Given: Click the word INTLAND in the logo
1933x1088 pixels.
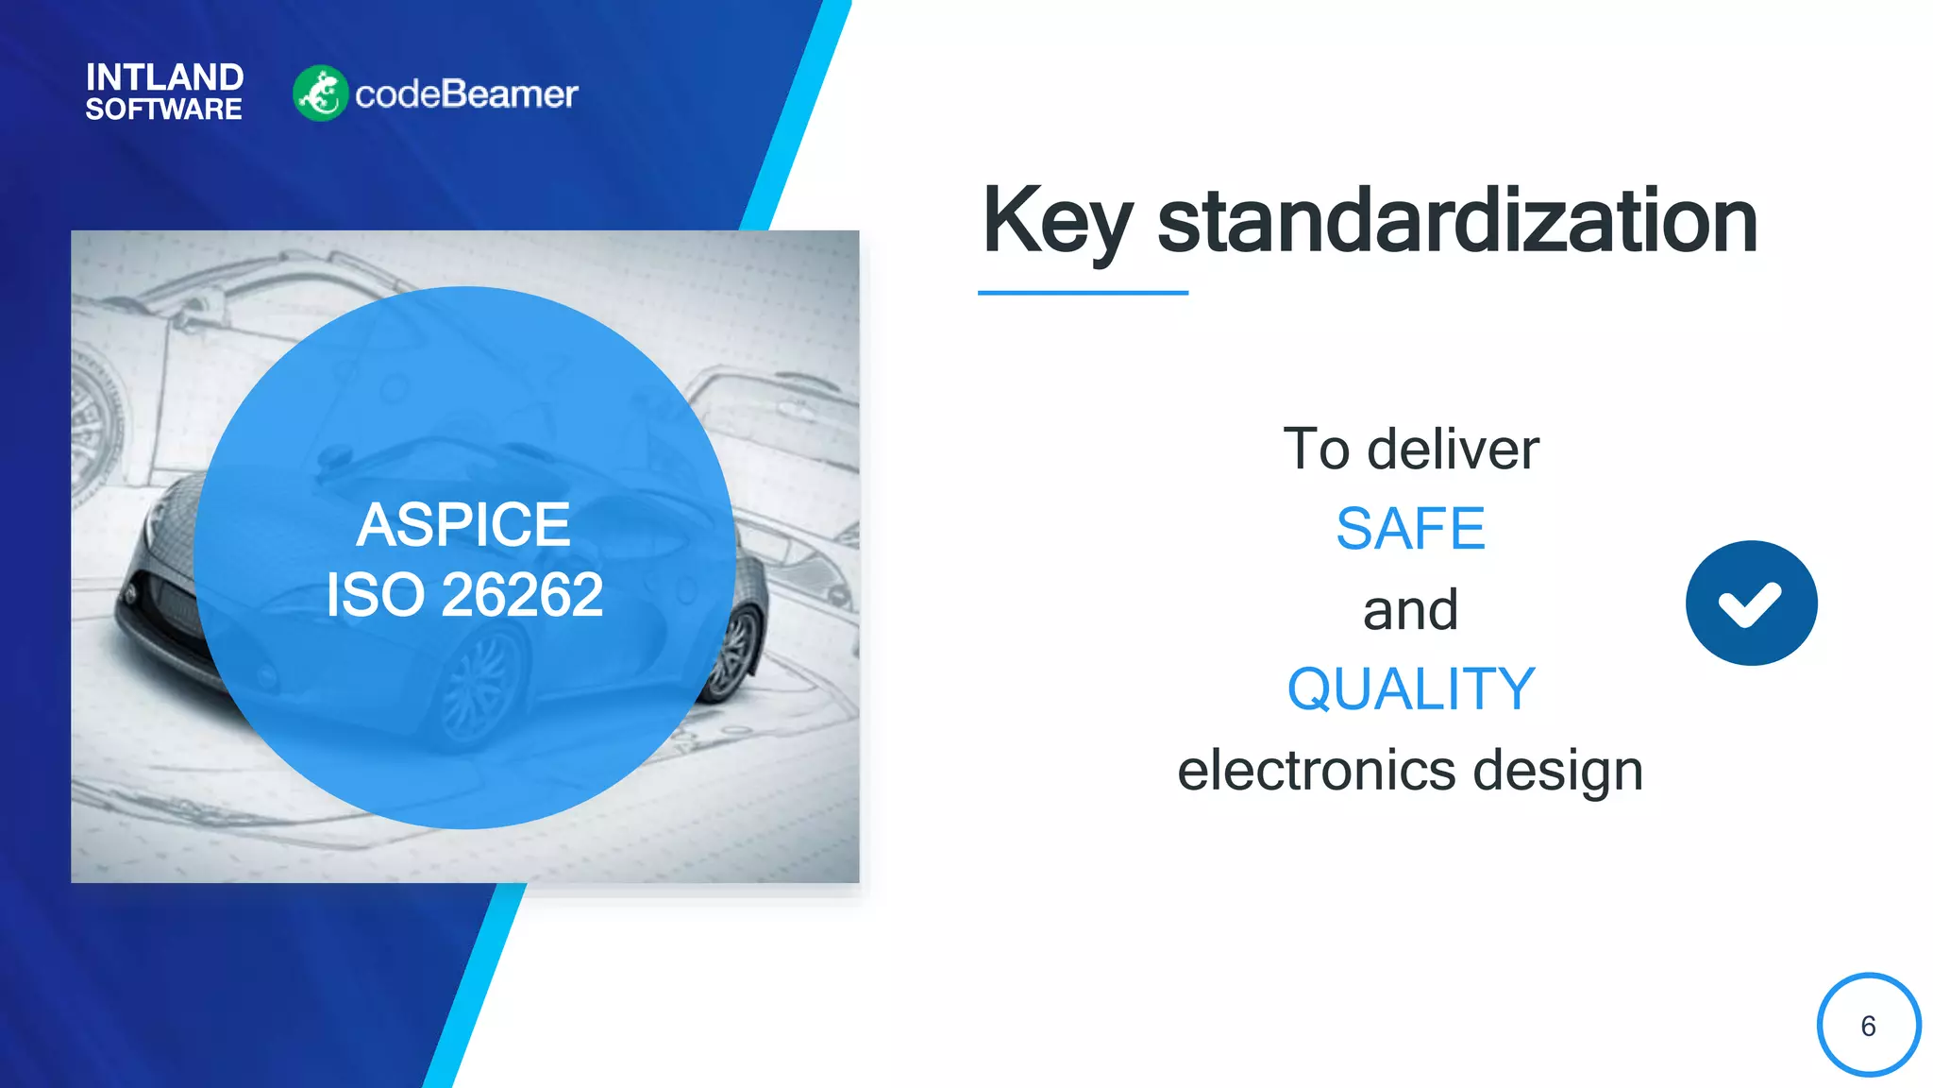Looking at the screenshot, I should click(164, 77).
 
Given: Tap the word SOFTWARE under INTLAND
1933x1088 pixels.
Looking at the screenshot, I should click(163, 110).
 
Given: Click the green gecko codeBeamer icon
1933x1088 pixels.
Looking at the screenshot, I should click(320, 93).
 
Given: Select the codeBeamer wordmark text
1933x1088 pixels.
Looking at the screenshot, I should click(466, 94).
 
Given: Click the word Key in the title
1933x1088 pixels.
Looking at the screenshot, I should click(1056, 222).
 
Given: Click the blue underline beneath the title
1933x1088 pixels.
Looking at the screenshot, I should click(1083, 293).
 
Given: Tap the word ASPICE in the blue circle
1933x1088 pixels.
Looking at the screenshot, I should click(463, 525).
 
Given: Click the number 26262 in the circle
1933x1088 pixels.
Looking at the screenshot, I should click(522, 595).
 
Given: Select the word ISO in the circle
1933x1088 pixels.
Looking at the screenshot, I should click(375, 595).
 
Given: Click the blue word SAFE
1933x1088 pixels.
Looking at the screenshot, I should click(1410, 529).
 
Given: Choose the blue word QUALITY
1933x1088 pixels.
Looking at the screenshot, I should click(1410, 689).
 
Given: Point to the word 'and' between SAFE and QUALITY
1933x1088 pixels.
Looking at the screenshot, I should click(1410, 610).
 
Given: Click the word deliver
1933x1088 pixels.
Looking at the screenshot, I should click(1453, 450).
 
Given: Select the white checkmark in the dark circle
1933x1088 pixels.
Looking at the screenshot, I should click(1750, 604).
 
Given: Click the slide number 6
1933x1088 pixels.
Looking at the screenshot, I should click(1868, 1026).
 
